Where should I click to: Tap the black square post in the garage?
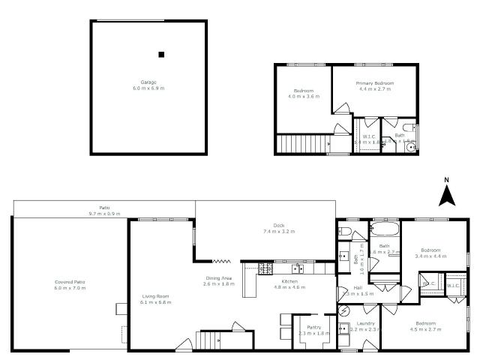[x=160, y=54]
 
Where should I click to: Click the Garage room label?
[x=148, y=82]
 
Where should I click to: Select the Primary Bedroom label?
[x=375, y=82]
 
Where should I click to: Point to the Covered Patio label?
[x=70, y=282]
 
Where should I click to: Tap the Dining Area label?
[x=218, y=279]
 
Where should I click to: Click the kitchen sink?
[x=298, y=266]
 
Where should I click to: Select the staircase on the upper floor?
[x=303, y=143]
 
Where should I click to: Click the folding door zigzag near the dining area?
[x=221, y=261]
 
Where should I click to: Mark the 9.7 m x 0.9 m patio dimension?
[x=105, y=214]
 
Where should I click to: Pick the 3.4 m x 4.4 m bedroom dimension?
[x=430, y=256]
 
